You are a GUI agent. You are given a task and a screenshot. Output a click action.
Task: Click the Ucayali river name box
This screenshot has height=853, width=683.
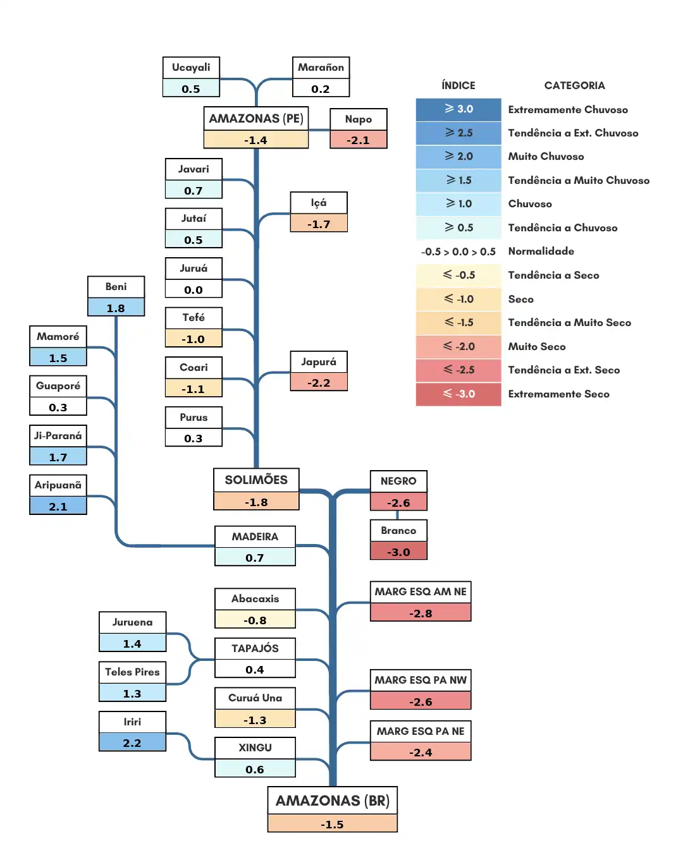click(x=190, y=68)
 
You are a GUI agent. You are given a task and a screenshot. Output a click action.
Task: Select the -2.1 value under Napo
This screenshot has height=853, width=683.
click(x=358, y=140)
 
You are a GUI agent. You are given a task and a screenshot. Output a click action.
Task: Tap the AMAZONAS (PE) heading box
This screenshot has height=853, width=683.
click(x=256, y=119)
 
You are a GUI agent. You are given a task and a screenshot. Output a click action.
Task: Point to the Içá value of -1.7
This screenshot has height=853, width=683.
click(x=319, y=224)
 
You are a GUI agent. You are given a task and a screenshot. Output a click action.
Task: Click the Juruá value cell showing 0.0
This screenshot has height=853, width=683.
click(x=194, y=289)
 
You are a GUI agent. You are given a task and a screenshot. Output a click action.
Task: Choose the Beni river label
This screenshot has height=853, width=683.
click(x=116, y=287)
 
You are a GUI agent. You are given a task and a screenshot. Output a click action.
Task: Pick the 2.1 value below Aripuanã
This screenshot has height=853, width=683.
click(x=58, y=505)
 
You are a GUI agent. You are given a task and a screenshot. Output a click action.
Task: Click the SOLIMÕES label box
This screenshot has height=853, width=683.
click(x=256, y=480)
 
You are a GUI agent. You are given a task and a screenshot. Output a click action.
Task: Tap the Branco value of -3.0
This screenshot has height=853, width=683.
click(x=398, y=551)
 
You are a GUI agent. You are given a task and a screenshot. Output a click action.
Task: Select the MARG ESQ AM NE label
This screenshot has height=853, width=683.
click(x=421, y=592)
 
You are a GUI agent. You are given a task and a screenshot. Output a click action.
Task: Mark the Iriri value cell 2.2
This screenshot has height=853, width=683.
click(x=132, y=742)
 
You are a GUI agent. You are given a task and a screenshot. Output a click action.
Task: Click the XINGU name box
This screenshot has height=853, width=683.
click(x=255, y=748)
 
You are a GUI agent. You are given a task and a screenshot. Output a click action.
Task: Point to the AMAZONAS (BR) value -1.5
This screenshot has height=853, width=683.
click(x=332, y=824)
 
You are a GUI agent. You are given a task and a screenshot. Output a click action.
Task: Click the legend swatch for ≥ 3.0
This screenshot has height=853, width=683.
click(x=458, y=109)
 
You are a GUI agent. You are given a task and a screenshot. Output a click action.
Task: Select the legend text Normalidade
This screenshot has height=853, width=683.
click(x=541, y=251)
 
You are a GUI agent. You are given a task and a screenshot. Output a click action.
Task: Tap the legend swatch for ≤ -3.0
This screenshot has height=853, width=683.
click(x=458, y=394)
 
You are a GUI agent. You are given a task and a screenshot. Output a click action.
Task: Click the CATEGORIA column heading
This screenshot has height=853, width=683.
click(x=574, y=86)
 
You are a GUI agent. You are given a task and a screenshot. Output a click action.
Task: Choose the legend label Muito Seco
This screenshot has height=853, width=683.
click(x=536, y=346)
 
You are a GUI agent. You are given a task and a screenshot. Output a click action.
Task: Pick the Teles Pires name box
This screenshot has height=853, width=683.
click(x=132, y=672)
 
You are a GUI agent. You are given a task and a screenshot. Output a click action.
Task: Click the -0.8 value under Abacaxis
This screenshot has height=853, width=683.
click(x=255, y=620)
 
